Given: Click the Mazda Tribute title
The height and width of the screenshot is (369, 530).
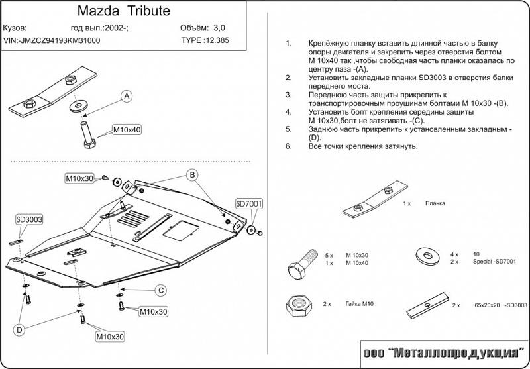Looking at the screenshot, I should (125, 11).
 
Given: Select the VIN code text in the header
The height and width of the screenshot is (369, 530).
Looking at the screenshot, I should (52, 40).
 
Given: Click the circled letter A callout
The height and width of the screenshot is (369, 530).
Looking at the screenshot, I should (125, 96).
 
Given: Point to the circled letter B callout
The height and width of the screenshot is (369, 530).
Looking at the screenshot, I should (191, 175).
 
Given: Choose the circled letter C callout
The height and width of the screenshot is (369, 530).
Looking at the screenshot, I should (160, 290).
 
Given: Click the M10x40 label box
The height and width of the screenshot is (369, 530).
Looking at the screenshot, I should (126, 129).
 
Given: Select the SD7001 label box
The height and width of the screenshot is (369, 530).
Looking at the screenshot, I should (249, 203).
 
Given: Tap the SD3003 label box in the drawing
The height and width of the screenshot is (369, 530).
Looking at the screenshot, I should (29, 219).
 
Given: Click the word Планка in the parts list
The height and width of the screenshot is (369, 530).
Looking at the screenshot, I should (435, 204).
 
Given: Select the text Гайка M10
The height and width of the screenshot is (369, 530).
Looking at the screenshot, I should (359, 304).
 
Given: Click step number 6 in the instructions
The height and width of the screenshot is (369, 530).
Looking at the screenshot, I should (288, 146).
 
